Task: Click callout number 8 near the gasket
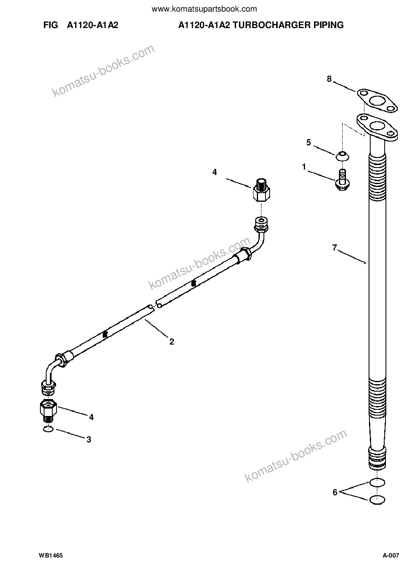[329, 79]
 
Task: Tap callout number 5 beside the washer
[308, 142]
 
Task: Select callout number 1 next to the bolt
[304, 167]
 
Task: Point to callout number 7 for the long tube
[335, 248]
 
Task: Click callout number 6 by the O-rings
[335, 492]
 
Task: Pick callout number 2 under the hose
[172, 342]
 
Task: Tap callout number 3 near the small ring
[89, 440]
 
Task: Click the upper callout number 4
[214, 172]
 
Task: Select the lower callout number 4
[91, 417]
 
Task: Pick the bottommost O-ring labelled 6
[377, 499]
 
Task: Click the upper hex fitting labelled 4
[261, 191]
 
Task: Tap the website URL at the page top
[204, 9]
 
